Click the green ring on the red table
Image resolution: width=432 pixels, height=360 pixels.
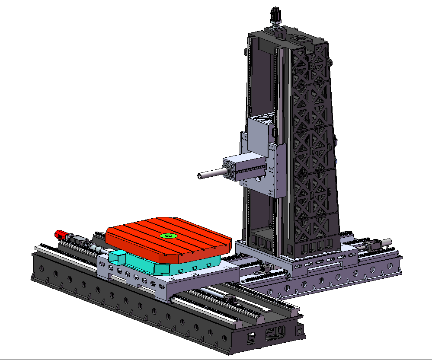tap(168, 236)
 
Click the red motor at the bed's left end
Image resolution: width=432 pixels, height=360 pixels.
tap(61, 235)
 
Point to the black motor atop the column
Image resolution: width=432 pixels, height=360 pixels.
tap(275, 16)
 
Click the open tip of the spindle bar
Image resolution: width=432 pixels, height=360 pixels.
tap(199, 176)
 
